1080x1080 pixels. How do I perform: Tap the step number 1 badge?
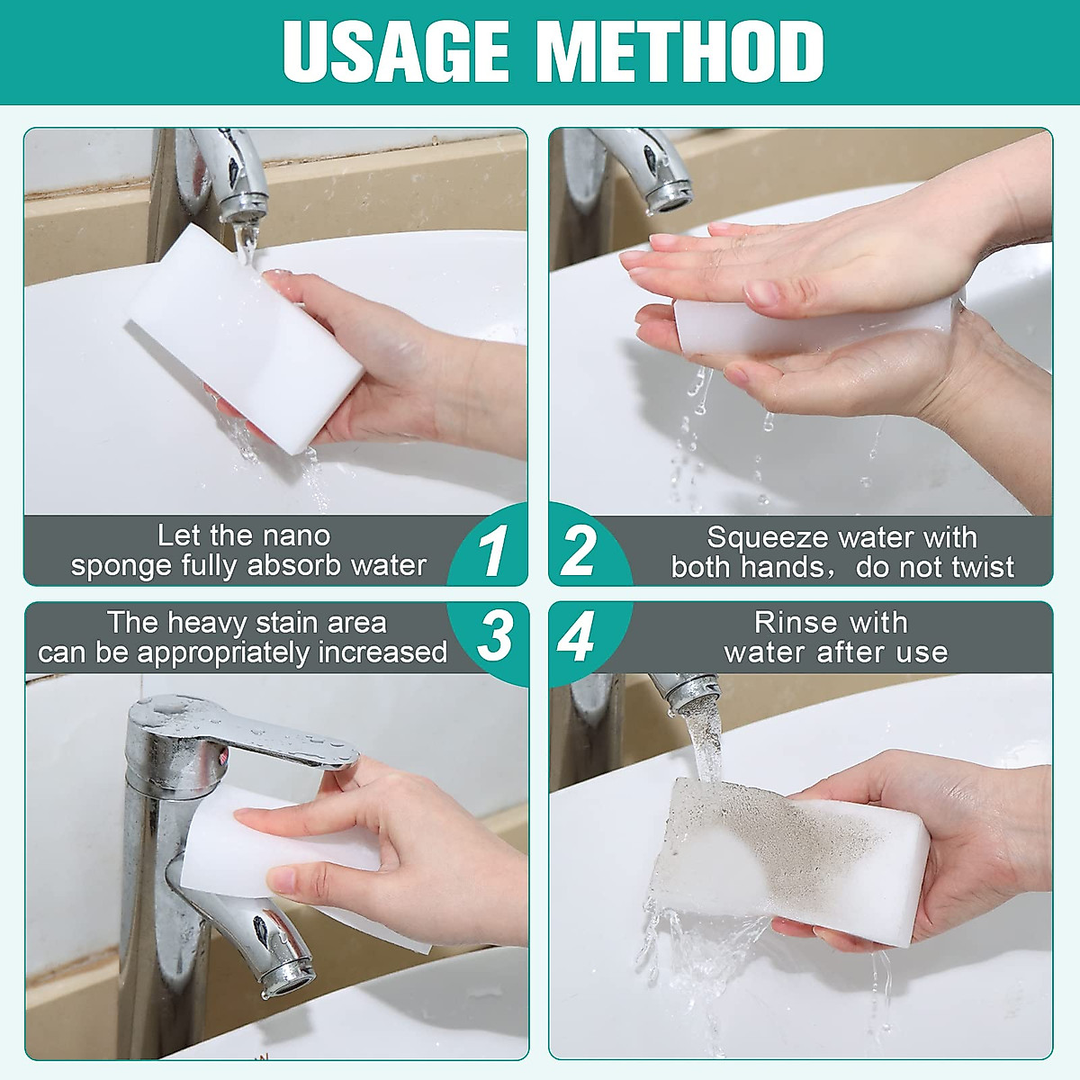point(492,551)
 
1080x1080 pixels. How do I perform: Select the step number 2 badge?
point(578,551)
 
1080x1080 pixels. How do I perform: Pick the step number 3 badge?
point(494,635)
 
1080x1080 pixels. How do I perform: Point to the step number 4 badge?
point(576,635)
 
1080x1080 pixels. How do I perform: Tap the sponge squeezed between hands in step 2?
point(711,326)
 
